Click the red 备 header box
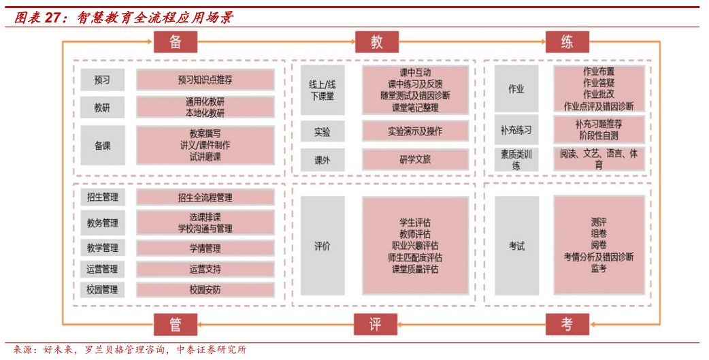pos(176,42)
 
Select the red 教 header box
pos(376,42)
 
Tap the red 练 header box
pos(567,42)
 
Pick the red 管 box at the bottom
pos(176,325)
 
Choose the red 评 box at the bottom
pos(375,325)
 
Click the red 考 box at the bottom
pos(567,325)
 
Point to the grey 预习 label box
pos(102,80)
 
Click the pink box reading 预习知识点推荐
pos(205,80)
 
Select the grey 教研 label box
pos(102,108)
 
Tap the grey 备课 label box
pos(102,145)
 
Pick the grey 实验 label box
pos(323,131)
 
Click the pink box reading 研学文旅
pos(415,160)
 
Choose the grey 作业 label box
pos(516,89)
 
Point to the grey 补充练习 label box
pos(516,129)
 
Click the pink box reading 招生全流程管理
pos(205,197)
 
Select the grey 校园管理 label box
pos(102,290)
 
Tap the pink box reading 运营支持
pos(205,269)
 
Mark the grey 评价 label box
pos(323,246)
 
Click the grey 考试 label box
pos(516,246)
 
